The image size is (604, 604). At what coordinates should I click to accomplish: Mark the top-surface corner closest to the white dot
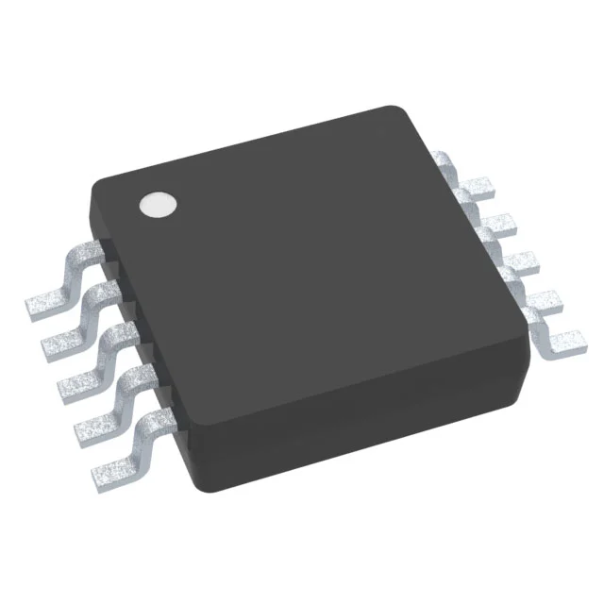94,184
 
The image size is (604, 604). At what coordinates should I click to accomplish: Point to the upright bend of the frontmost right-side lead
534,332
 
